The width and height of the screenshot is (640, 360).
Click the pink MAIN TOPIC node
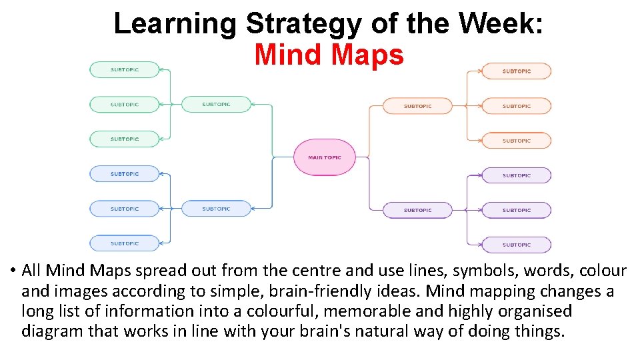(x=324, y=157)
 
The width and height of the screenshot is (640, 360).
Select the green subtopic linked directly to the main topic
(x=216, y=104)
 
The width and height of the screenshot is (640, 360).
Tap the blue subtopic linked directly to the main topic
(x=216, y=209)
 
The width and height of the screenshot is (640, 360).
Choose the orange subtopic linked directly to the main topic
(x=417, y=106)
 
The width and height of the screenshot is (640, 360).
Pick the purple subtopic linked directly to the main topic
(x=417, y=210)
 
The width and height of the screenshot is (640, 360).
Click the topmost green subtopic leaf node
(x=125, y=69)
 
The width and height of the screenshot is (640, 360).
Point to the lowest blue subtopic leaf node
(x=125, y=243)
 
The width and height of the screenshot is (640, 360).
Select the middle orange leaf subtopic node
(x=517, y=106)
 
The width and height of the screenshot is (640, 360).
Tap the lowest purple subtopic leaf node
(x=517, y=245)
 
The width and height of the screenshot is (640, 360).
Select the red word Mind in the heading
(x=287, y=55)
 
